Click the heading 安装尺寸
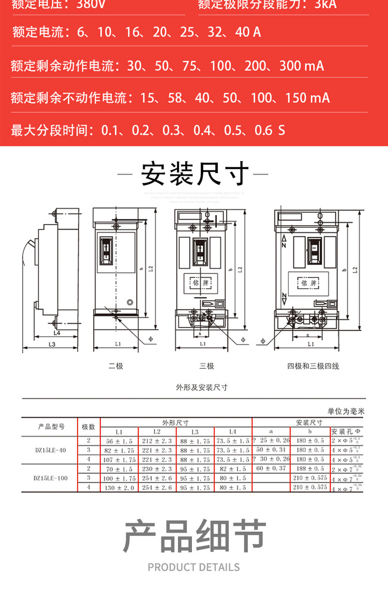click(194, 174)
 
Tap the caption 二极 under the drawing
click(116, 366)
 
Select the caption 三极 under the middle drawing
click(206, 366)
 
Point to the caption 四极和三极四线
click(313, 366)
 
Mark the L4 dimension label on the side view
click(56, 333)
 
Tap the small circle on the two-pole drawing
click(130, 303)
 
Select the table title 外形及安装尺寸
click(194, 387)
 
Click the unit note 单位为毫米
click(346, 411)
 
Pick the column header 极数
click(88, 427)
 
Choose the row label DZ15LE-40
click(50, 450)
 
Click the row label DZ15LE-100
click(50, 478)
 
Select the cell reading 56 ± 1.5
click(120, 441)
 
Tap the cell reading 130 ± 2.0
click(120, 487)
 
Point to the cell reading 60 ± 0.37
click(271, 468)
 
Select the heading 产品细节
click(194, 536)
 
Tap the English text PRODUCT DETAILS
click(194, 567)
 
